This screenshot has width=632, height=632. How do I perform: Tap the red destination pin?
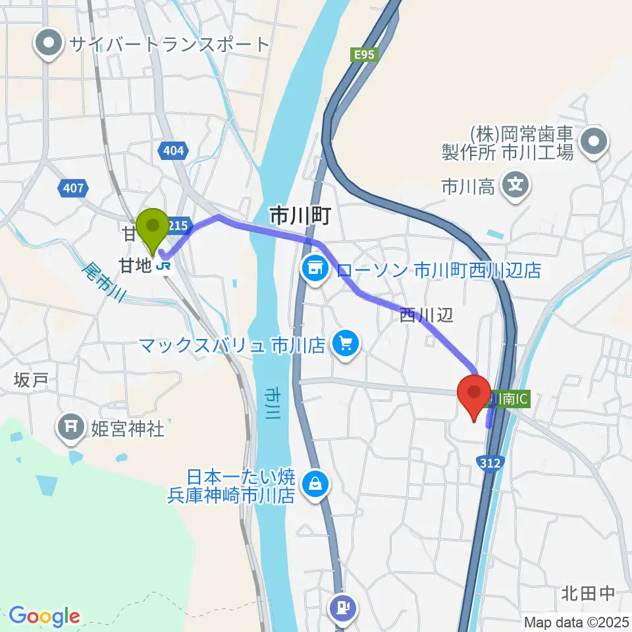[475, 394]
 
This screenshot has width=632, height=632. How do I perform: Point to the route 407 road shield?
[74, 189]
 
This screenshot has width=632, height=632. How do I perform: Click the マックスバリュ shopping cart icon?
[344, 343]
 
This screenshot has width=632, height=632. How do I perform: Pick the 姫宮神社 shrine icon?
[70, 430]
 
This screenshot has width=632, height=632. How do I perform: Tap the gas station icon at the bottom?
[344, 606]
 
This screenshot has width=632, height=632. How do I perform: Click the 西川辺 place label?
[427, 316]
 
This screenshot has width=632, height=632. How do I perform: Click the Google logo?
[43, 616]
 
